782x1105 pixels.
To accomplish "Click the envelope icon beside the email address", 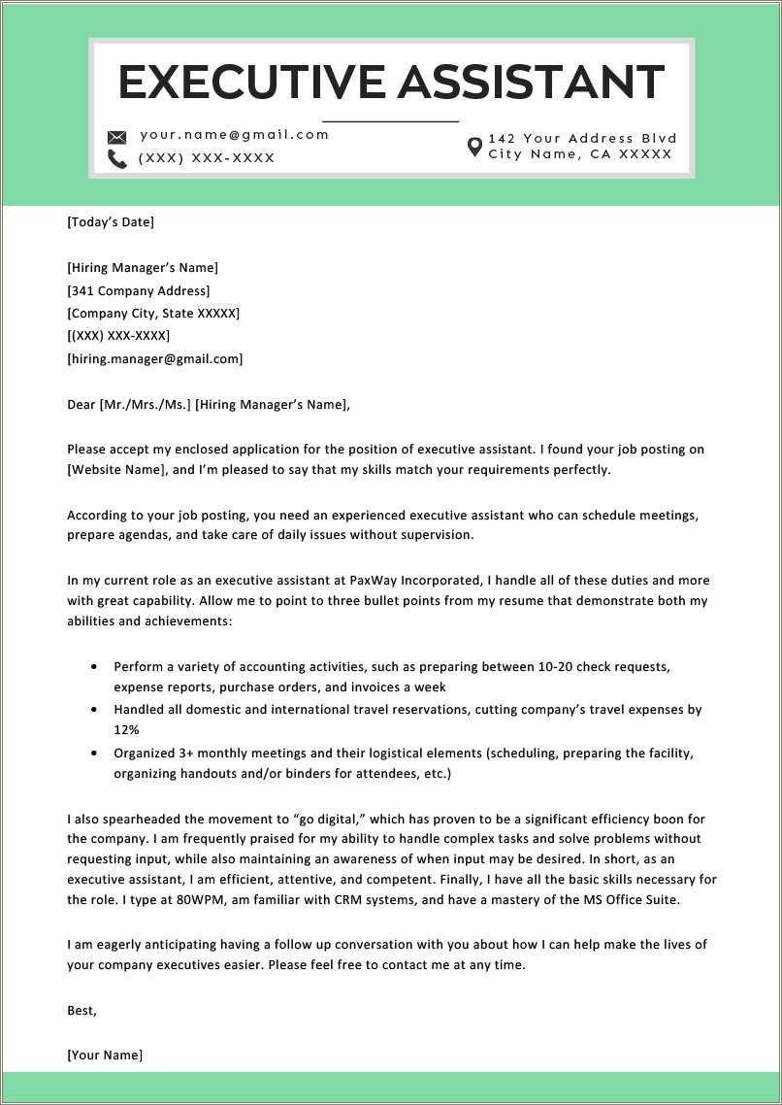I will click(117, 137).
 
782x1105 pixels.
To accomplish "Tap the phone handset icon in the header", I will click(117, 159).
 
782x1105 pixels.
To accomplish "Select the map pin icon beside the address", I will click(474, 148).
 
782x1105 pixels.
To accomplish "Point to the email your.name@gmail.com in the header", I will click(235, 135).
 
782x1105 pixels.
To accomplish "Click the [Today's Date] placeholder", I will click(111, 222).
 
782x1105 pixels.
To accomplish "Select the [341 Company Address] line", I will click(138, 290).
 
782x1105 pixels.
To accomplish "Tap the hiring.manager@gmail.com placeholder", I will click(155, 359).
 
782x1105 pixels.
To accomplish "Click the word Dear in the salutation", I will click(81, 405).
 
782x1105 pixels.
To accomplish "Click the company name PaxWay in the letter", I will click(344, 581).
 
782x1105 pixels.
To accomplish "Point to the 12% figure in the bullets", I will click(126, 729).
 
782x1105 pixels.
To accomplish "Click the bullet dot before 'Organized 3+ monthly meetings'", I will click(93, 753).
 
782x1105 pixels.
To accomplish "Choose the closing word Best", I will click(81, 1011).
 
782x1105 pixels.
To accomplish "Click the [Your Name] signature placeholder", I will click(105, 1055).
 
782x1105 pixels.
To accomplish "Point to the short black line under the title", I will click(390, 121).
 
